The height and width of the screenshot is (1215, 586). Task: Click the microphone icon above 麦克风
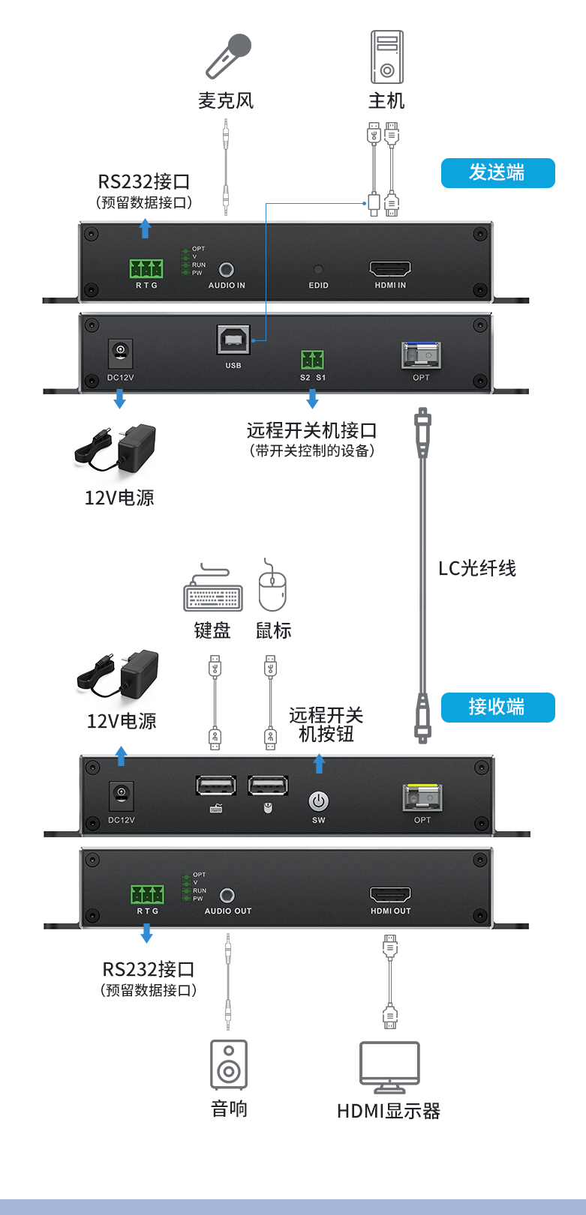(x=229, y=56)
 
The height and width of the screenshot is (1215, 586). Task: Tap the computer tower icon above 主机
(x=386, y=57)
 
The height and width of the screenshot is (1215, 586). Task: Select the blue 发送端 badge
(x=497, y=173)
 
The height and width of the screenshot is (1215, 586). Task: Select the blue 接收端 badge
(x=497, y=707)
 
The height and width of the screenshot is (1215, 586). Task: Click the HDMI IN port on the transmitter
(x=390, y=269)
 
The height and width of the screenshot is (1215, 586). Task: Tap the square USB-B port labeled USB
(x=233, y=340)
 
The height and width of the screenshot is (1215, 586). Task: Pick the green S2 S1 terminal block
(x=312, y=360)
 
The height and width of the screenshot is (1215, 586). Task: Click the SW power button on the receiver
(x=319, y=801)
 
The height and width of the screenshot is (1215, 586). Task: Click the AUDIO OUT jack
(x=227, y=895)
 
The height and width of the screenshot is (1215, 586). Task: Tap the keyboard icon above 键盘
(x=213, y=591)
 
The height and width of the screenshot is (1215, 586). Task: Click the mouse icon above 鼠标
(x=272, y=588)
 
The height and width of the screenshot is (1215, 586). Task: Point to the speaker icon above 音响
(x=229, y=1064)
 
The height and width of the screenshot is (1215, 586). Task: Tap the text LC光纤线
(x=477, y=568)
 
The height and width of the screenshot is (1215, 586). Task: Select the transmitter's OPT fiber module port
(x=421, y=355)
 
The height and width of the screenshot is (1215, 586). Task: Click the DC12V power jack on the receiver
(x=122, y=794)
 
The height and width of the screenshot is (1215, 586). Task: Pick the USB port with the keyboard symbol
(x=216, y=786)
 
